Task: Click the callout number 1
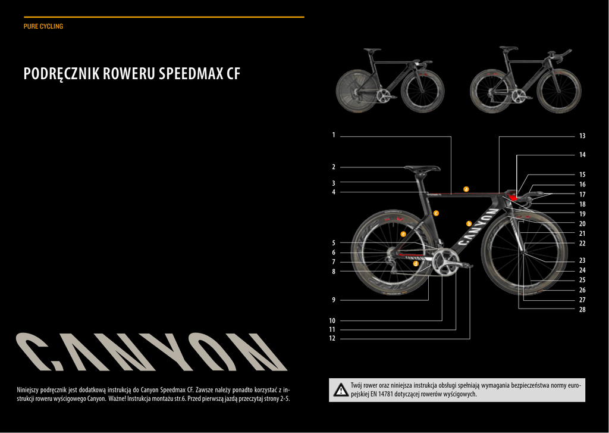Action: point(334,135)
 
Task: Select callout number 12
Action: point(332,338)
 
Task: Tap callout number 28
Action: point(582,310)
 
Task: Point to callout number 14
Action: point(582,155)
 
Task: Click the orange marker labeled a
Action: point(466,189)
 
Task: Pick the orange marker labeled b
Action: point(469,224)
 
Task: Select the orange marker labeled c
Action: point(436,213)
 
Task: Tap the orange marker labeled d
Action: point(416,263)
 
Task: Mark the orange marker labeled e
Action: point(403,234)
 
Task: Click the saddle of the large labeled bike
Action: point(422,169)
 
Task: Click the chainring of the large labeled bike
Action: point(444,263)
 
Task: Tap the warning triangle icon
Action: point(341,390)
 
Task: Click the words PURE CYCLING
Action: point(43,27)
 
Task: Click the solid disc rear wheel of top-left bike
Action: point(356,91)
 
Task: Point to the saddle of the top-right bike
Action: point(508,48)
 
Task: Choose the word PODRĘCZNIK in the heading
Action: point(61,74)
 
